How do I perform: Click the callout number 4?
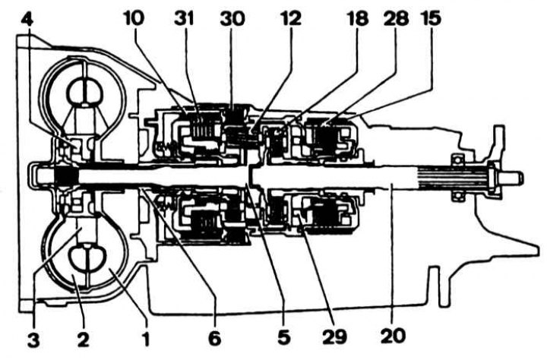(27, 20)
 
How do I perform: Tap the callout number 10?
(134, 18)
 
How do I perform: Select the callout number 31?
(184, 18)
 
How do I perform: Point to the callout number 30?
(232, 18)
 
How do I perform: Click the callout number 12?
(290, 18)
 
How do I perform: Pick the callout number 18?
(357, 18)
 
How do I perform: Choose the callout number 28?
(396, 18)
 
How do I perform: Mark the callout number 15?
(432, 18)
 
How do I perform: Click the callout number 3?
(33, 339)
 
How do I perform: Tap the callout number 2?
(83, 339)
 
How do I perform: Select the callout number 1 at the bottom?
(146, 339)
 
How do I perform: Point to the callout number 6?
(214, 338)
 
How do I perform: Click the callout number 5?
(283, 337)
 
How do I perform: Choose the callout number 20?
(394, 336)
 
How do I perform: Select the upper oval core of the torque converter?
(84, 93)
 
